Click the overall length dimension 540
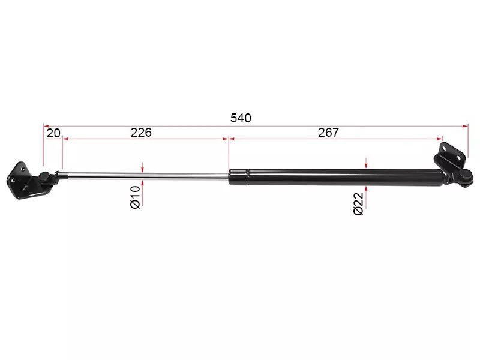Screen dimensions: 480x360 point(241,118)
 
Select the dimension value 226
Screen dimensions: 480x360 point(141,133)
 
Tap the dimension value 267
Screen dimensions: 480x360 point(328,133)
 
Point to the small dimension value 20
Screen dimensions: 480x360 point(53,133)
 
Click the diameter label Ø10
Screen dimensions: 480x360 point(136,197)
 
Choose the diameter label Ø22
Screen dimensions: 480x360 point(358,204)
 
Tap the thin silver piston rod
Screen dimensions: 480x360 point(144,176)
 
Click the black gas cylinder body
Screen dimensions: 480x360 point(335,177)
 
